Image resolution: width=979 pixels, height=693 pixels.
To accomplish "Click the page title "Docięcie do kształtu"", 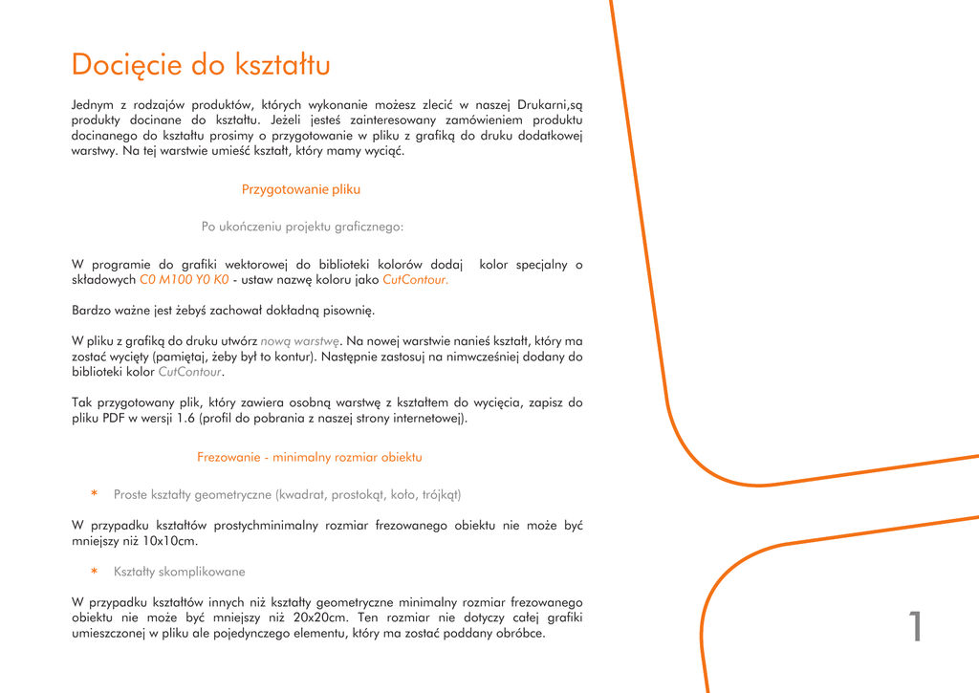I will (x=201, y=65).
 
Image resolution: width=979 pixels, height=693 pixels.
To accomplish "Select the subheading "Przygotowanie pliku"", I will (x=301, y=189).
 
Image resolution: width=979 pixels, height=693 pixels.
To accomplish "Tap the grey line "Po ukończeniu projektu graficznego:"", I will (x=302, y=227).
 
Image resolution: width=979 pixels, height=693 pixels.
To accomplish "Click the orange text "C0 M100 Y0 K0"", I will (x=185, y=280).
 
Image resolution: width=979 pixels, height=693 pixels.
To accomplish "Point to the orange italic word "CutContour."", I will (x=415, y=280).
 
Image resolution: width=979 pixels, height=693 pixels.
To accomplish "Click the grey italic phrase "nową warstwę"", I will (x=300, y=340).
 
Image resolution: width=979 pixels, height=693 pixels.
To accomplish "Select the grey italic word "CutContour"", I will (x=189, y=372).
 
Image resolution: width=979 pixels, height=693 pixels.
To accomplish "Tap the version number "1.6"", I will (x=186, y=419).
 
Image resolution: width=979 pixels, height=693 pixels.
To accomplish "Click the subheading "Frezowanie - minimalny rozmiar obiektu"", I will (x=310, y=457).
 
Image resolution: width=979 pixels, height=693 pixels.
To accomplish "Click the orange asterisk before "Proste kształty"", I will (x=95, y=495).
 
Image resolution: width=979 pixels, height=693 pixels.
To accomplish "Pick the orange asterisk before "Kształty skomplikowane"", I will (x=95, y=573).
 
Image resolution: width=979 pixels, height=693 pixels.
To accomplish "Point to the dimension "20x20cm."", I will (x=320, y=617).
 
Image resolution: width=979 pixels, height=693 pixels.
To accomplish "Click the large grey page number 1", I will (x=915, y=627).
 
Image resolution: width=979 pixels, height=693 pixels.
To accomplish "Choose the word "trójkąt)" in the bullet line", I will (x=442, y=495).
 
